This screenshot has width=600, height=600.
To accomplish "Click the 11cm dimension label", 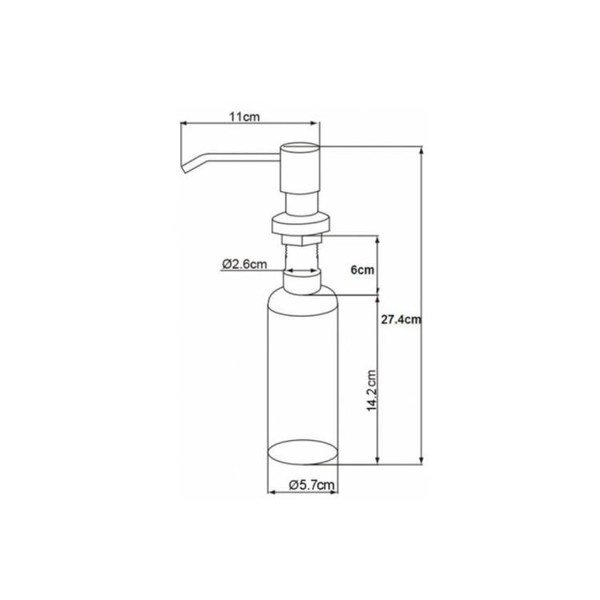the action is click(245, 116).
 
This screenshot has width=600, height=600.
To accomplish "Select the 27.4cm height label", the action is click(401, 319).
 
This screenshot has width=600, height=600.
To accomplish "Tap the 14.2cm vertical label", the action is click(371, 390).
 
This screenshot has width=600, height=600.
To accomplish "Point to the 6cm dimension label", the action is click(362, 270).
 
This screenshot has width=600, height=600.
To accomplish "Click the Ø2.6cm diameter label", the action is click(245, 264).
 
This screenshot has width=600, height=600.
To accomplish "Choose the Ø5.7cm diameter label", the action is click(312, 485).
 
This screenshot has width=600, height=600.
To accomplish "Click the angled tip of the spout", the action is click(184, 167).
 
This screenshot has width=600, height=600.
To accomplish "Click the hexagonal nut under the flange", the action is click(302, 239).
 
